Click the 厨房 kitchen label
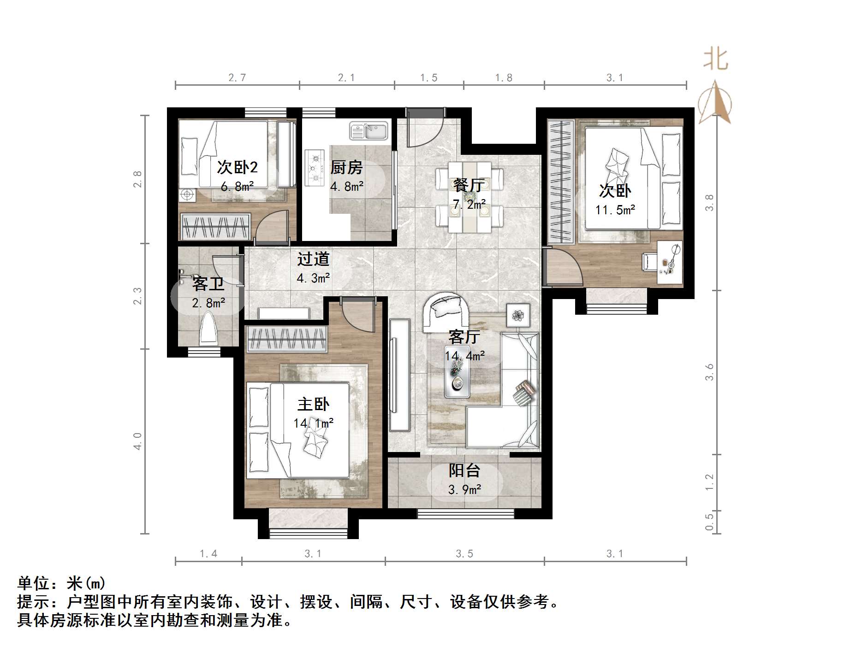(x=346, y=168)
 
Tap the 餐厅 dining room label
(x=469, y=185)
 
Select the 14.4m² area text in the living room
(x=464, y=356)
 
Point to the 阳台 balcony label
(x=464, y=470)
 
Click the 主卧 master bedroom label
(x=313, y=404)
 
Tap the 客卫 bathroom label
(x=208, y=284)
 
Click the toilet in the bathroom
(x=208, y=329)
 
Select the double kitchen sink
(x=369, y=130)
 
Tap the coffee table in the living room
(x=457, y=377)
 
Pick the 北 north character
(x=715, y=59)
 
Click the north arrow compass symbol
(x=715, y=103)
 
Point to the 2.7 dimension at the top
(x=237, y=78)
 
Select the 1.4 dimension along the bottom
(x=208, y=553)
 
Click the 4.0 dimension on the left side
(x=137, y=441)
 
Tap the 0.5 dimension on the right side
(x=709, y=522)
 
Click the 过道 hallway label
(x=313, y=259)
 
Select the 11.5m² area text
(x=615, y=210)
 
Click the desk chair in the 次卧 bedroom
(x=650, y=261)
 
